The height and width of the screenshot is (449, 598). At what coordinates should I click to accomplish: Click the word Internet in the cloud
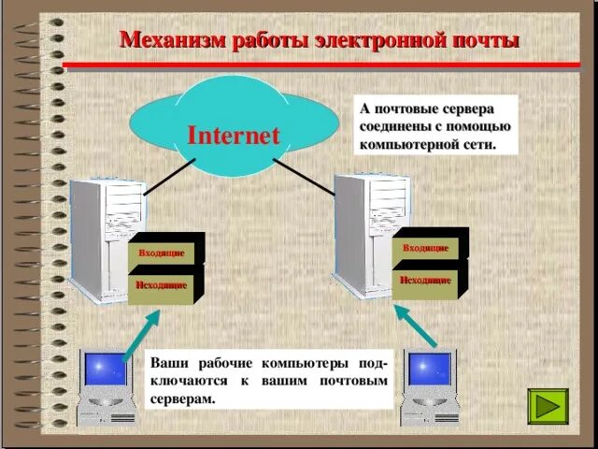pyautogui.click(x=234, y=135)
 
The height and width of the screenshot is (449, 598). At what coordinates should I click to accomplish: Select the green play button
pyautogui.click(x=548, y=408)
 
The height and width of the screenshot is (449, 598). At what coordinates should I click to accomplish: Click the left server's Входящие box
pyautogui.click(x=161, y=253)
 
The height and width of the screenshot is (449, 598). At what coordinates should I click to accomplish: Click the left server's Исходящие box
pyautogui.click(x=161, y=285)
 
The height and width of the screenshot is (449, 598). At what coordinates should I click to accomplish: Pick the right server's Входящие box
pyautogui.click(x=425, y=248)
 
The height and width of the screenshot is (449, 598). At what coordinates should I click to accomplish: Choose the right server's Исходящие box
pyautogui.click(x=425, y=280)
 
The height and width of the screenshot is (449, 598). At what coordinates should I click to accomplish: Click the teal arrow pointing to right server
pyautogui.click(x=412, y=327)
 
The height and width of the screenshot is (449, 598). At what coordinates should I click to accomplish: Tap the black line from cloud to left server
pyautogui.click(x=168, y=173)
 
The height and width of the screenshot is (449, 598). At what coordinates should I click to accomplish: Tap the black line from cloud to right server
pyautogui.click(x=308, y=174)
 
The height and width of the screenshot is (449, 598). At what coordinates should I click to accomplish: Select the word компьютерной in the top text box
pyautogui.click(x=406, y=145)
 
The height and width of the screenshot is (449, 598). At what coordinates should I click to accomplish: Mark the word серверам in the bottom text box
pyautogui.click(x=182, y=398)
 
